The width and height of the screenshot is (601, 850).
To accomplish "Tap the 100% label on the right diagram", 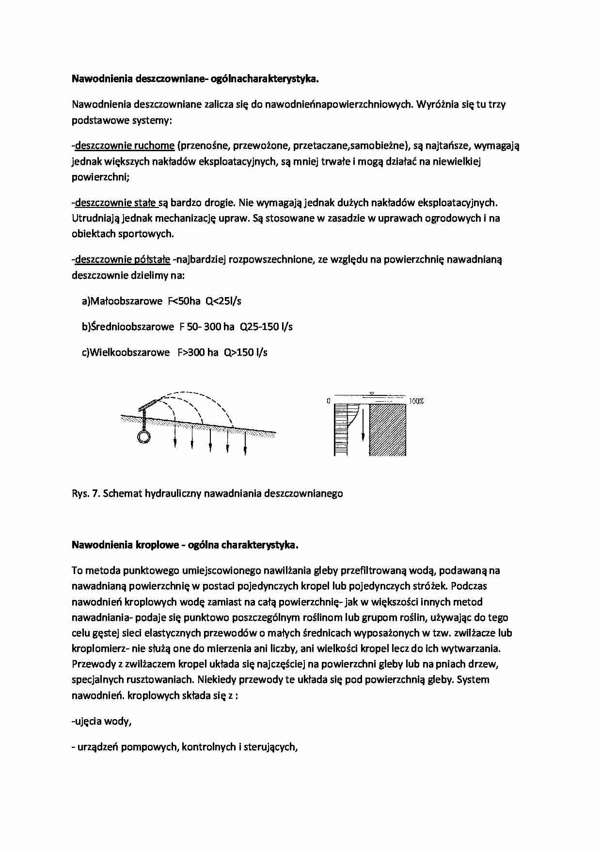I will point(416,401).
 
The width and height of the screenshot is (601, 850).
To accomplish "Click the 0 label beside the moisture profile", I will point(329,401).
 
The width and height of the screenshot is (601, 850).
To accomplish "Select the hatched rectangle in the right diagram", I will point(387,430).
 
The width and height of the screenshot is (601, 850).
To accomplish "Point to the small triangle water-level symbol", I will point(372,394).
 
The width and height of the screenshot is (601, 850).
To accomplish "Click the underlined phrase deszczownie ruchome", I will point(125,145).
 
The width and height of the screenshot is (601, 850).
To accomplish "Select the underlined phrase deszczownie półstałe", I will point(123,259).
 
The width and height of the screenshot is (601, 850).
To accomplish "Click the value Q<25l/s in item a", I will point(223,301).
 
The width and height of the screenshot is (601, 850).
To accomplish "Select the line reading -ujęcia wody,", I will point(101,721).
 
